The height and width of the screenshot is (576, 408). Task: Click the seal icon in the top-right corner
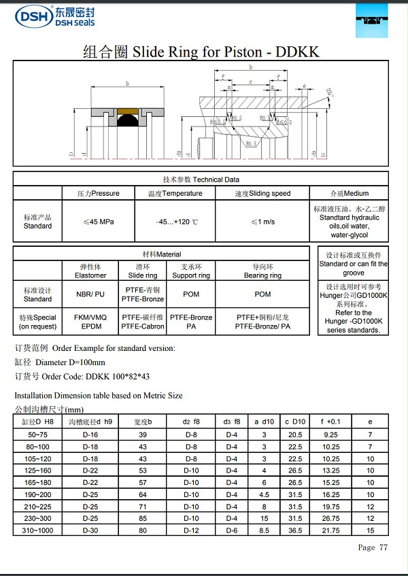coord(373,21)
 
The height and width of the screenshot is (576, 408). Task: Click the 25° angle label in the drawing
coord(331,92)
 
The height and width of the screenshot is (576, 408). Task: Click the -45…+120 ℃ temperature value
coord(176,222)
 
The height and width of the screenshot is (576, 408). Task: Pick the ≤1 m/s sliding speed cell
coord(262,222)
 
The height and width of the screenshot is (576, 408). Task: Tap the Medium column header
coord(350,193)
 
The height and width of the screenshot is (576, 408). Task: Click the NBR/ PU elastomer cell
coord(90,294)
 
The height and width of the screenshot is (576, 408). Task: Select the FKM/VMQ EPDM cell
coord(90,322)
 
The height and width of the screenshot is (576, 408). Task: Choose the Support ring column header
coord(191,271)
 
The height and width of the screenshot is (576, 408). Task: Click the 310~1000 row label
coord(38,529)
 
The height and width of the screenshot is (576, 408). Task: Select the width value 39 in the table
coord(143,434)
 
